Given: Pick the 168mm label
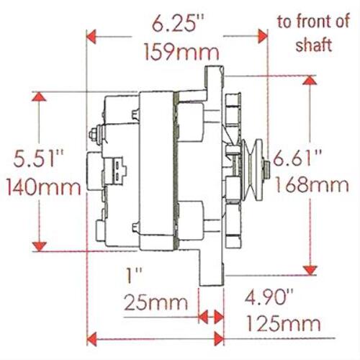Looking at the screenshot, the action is [x=312, y=184].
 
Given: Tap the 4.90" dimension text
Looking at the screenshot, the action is [x=269, y=298].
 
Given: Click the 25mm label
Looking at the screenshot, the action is [x=156, y=302].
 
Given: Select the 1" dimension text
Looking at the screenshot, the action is [x=134, y=276].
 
